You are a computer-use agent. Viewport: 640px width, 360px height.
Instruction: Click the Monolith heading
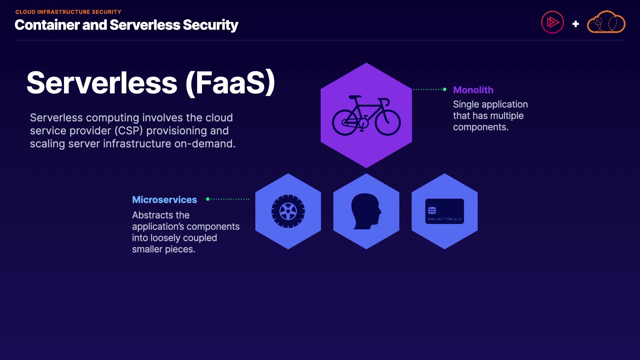coord(473,90)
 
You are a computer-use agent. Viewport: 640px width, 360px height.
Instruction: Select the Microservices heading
coord(164,200)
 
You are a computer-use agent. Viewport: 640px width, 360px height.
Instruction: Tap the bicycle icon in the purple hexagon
coord(366,116)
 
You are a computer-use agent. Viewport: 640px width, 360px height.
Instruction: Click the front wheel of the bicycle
coord(388,122)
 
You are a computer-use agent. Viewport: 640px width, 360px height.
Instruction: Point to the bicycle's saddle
coord(355,97)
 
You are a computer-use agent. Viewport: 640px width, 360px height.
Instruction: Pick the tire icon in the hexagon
coord(288,211)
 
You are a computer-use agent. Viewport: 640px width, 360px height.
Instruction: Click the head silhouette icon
coord(366,211)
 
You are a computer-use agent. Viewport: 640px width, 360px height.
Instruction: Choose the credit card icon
coord(444,211)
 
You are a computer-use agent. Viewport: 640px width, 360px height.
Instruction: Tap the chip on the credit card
coord(432,210)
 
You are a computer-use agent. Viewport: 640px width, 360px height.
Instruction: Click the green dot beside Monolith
coord(445,89)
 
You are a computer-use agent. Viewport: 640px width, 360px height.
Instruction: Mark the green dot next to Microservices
coord(208,199)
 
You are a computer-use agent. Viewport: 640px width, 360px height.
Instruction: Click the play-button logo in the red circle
coord(552,22)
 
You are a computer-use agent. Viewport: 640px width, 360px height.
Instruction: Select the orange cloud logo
coord(606,22)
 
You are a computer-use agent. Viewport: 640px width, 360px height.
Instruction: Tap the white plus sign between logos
coord(575,24)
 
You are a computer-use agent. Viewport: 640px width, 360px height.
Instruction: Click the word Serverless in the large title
coord(102,83)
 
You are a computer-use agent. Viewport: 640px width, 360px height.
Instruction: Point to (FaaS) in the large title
coord(230,83)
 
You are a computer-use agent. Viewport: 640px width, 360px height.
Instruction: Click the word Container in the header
coord(47,25)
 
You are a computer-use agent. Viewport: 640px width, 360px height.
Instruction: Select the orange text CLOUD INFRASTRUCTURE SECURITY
coord(68,12)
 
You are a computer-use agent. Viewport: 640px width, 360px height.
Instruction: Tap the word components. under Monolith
coord(480,127)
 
